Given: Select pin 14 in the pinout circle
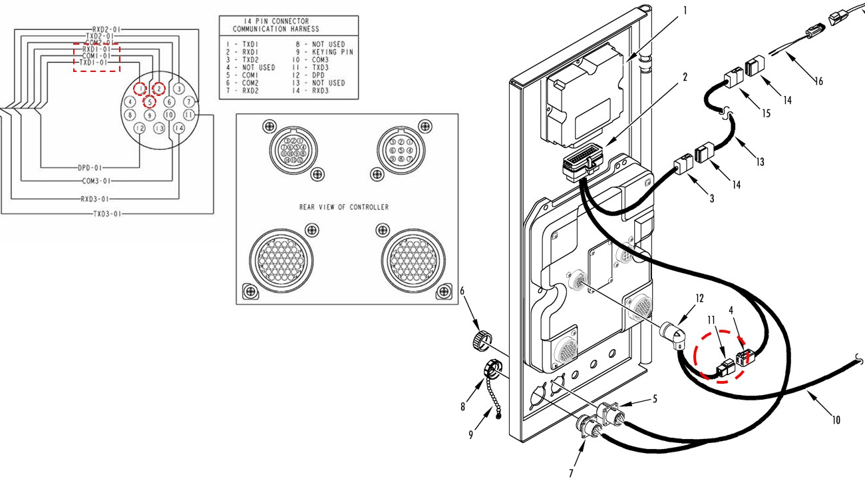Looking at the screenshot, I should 178,128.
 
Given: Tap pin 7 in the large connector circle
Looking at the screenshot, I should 190,101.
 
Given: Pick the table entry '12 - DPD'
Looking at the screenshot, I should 311,75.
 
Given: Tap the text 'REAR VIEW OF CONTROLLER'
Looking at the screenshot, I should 343,207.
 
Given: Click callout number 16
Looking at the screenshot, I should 818,81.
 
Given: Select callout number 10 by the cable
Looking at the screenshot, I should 836,420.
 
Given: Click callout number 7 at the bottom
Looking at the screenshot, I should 570,473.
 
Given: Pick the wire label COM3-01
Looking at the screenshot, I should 96,181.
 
